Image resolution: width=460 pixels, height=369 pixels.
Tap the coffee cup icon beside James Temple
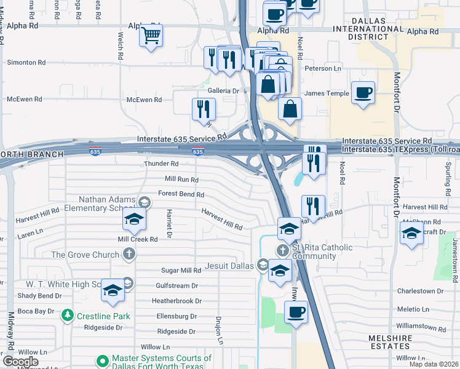363,93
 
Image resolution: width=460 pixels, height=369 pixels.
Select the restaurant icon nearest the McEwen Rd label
204,109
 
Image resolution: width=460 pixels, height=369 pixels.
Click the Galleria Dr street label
223,90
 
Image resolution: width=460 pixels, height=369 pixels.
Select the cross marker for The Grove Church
129,254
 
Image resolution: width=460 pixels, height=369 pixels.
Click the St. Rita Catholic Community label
322,252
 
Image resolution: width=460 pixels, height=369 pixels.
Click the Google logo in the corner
20,362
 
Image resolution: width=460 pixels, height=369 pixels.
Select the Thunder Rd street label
161,164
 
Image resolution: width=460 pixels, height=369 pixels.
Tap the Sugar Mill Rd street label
181,271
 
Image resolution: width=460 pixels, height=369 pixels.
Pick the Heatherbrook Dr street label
176,301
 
